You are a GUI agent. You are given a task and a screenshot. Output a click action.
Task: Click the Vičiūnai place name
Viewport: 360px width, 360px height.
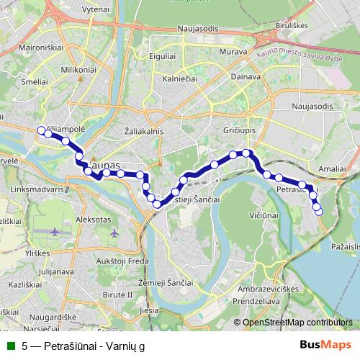(x=264, y=215)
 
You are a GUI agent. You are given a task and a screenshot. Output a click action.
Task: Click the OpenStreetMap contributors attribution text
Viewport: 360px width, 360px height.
(x=297, y=323)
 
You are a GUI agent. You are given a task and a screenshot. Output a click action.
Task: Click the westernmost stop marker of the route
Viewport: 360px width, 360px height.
(x=40, y=130)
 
